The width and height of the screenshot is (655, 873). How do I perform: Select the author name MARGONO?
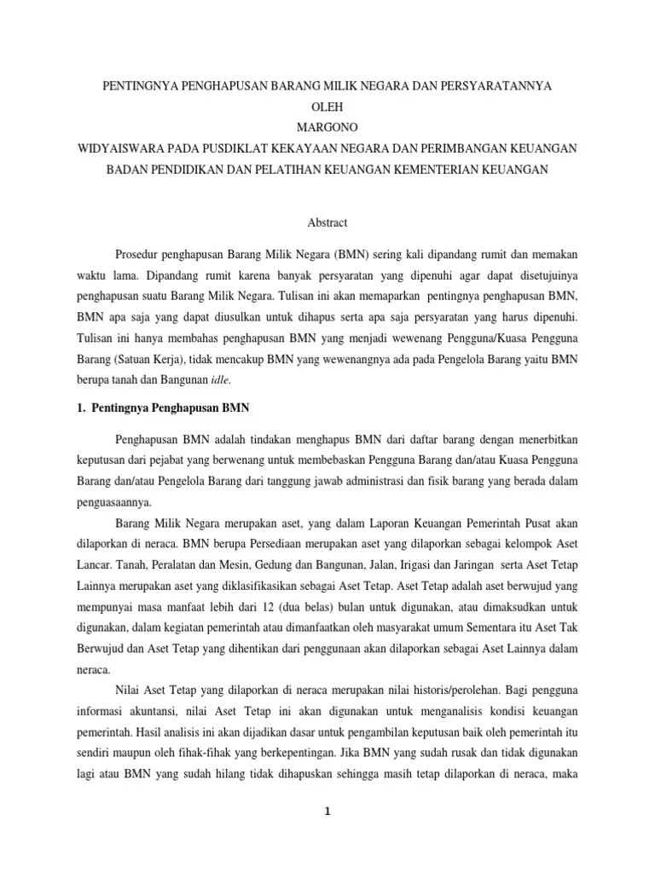327,128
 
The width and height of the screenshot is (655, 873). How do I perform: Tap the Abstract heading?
327,223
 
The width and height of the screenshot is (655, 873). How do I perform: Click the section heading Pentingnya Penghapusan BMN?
163,408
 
